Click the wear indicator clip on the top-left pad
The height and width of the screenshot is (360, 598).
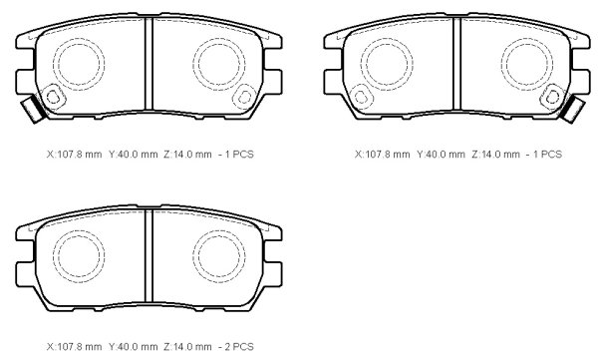tap(33, 109)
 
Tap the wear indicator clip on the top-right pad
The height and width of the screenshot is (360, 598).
tap(574, 109)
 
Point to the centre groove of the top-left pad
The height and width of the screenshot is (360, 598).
tap(149, 64)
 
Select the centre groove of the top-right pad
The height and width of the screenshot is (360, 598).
tap(456, 64)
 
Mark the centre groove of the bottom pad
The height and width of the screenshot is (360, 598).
tap(149, 256)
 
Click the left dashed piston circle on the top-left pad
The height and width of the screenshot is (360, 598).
tap(79, 64)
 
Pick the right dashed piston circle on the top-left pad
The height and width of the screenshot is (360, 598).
tap(219, 64)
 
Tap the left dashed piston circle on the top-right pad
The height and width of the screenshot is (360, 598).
tap(387, 64)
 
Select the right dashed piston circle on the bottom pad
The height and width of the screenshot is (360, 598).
tap(219, 256)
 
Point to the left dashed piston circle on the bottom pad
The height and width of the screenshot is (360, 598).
tap(79, 256)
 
